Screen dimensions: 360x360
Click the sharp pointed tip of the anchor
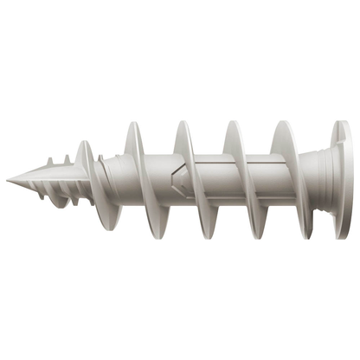pos(9,179)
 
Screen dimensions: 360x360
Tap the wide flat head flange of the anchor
pos(342,179)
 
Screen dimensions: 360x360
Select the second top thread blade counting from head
pos(234,138)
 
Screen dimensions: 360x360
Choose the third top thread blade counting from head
pos(184,138)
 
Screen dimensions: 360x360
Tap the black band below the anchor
pos(180,303)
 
